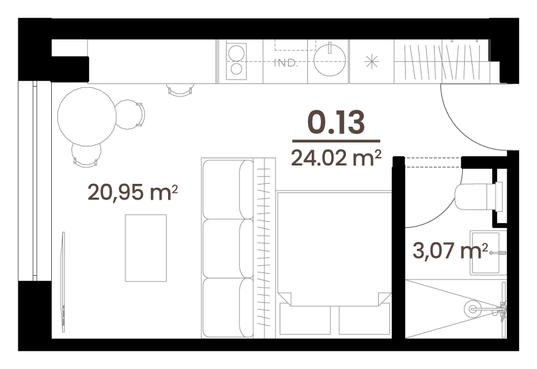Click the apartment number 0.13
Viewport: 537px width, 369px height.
(x=336, y=122)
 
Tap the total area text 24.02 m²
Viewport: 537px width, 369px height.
(x=336, y=158)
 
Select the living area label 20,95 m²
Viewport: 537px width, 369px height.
(x=133, y=192)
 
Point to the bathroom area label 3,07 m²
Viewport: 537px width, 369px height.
(x=450, y=250)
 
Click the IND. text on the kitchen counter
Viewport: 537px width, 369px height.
(x=286, y=62)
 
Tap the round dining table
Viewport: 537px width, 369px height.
(x=87, y=117)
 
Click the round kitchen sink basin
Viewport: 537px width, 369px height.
(x=330, y=60)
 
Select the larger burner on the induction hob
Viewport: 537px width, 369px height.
(x=236, y=53)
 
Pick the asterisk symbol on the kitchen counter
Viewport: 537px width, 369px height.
(x=372, y=62)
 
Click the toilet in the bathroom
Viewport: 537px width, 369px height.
(x=478, y=197)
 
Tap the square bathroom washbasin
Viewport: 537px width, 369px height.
(x=487, y=253)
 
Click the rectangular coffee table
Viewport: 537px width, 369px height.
(x=146, y=248)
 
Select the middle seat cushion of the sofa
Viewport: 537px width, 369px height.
(x=228, y=248)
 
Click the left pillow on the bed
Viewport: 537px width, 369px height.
(x=305, y=320)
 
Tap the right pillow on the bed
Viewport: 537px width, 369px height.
(x=364, y=320)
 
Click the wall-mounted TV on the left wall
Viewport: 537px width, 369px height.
(x=64, y=282)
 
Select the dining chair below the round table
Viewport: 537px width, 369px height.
(x=86, y=155)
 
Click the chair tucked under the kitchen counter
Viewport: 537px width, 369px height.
(x=181, y=90)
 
